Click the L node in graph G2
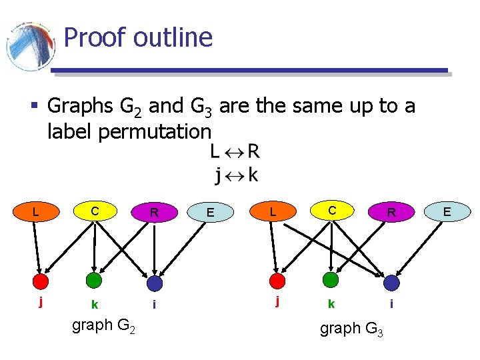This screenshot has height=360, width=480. click(x=35, y=212)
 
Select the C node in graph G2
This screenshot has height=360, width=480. click(x=95, y=212)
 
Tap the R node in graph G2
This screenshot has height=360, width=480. click(x=154, y=213)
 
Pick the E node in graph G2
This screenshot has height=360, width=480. click(x=210, y=213)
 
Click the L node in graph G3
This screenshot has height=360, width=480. click(x=272, y=212)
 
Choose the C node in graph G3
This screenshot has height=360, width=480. click(x=332, y=212)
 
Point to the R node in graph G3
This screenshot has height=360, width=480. click(x=392, y=213)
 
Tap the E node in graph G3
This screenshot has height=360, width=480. click(x=447, y=212)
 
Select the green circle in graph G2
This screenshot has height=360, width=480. click(x=95, y=280)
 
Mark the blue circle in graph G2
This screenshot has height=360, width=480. click(x=155, y=283)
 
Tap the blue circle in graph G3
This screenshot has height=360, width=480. click(x=391, y=283)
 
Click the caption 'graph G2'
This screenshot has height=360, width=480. click(x=103, y=327)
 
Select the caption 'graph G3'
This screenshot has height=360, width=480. click(x=351, y=329)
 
